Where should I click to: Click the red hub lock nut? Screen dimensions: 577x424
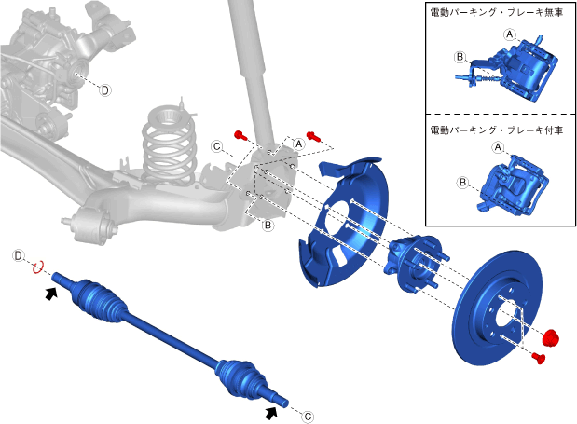click(551, 337)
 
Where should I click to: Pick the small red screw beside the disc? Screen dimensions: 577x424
click(539, 358)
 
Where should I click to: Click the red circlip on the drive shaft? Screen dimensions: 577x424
click(38, 267)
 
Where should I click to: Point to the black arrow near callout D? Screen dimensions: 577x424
click(51, 294)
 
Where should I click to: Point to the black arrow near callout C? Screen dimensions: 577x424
click(271, 413)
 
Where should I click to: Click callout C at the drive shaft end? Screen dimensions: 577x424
click(308, 417)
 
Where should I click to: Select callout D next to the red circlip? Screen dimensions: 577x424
click(18, 255)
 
